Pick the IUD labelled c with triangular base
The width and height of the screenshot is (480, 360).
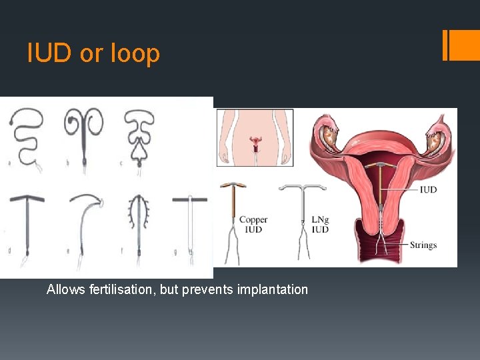139,137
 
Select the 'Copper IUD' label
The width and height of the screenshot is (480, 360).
253,225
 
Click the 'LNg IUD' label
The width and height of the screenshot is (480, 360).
320,225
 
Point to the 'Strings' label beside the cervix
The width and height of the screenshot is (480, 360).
423,245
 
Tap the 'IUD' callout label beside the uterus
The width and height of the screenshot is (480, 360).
428,190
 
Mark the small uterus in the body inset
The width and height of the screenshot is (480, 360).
255,142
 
